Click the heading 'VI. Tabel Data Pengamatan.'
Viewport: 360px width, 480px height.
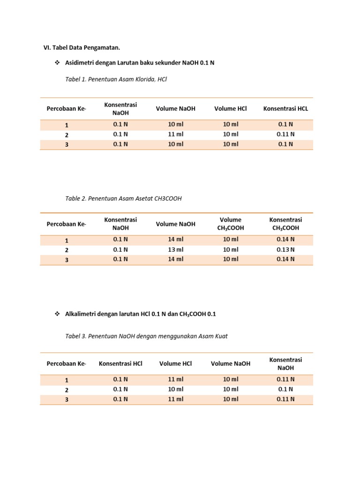click(85, 47)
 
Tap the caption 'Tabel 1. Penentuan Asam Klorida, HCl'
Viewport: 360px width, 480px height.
click(116, 79)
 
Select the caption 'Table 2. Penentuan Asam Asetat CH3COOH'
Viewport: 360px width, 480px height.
click(123, 198)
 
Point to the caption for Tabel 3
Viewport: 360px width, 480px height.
click(146, 336)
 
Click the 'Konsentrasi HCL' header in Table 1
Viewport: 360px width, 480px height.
click(285, 109)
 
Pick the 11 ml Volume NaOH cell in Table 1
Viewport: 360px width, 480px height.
click(176, 134)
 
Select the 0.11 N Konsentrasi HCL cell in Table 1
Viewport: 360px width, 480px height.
click(285, 134)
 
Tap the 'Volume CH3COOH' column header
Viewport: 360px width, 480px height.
click(231, 224)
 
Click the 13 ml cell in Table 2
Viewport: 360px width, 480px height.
click(176, 249)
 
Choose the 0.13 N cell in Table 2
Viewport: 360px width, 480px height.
click(285, 249)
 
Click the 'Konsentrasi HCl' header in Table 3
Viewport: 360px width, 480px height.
click(120, 363)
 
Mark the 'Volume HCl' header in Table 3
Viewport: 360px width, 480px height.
click(176, 363)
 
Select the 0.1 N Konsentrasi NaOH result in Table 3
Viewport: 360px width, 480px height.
click(285, 389)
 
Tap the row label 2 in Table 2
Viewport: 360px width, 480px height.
click(67, 250)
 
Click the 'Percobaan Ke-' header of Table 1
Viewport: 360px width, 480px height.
click(67, 109)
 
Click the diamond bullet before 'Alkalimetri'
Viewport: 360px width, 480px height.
click(58, 314)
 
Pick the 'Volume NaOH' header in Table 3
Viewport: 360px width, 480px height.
click(231, 363)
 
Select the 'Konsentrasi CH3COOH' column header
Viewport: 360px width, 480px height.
click(285, 224)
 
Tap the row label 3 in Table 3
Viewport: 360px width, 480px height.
click(67, 400)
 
